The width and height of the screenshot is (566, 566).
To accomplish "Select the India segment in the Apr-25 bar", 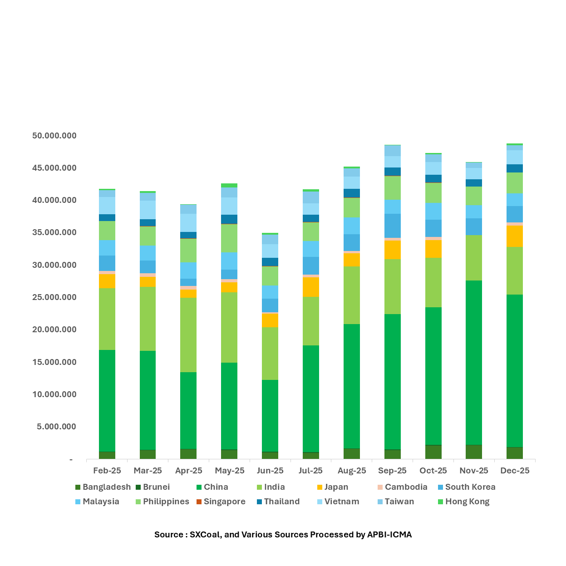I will (188, 335).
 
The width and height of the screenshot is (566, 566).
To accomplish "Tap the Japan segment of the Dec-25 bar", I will (515, 236).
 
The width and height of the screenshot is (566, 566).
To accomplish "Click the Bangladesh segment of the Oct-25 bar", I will (433, 452).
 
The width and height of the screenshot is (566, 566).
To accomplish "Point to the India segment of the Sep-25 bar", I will (393, 286).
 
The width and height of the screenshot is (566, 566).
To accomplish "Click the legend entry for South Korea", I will (470, 487).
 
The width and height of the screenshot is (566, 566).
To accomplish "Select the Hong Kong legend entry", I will (467, 502).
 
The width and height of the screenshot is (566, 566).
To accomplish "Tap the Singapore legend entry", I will (224, 502).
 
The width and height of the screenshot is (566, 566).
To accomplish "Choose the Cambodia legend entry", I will (406, 487).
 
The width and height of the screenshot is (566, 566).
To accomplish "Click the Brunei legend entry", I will (156, 487).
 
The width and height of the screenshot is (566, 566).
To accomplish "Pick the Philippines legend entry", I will (166, 502).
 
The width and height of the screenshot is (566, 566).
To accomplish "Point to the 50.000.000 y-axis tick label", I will (54, 136).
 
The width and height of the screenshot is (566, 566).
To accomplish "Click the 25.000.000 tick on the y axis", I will (54, 297).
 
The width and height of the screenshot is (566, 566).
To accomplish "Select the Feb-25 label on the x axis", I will (107, 471).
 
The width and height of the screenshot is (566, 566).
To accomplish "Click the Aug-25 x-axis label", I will (352, 471).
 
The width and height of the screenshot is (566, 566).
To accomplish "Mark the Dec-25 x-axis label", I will (515, 471).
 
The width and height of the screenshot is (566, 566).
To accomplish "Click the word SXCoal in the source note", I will (205, 535).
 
